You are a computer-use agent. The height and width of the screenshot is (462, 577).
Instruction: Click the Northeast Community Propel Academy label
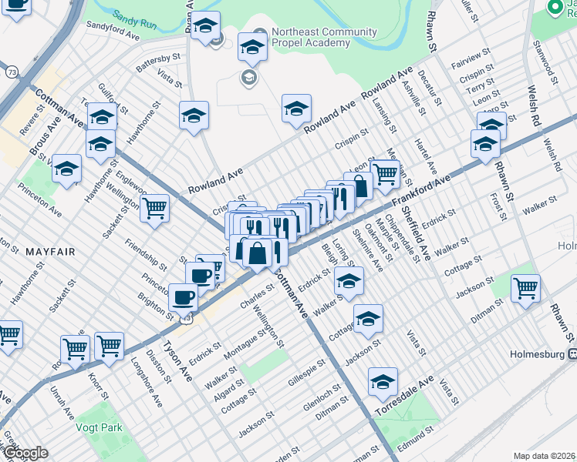pos(324,38)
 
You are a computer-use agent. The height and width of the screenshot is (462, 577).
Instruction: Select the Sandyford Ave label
pos(113,35)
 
